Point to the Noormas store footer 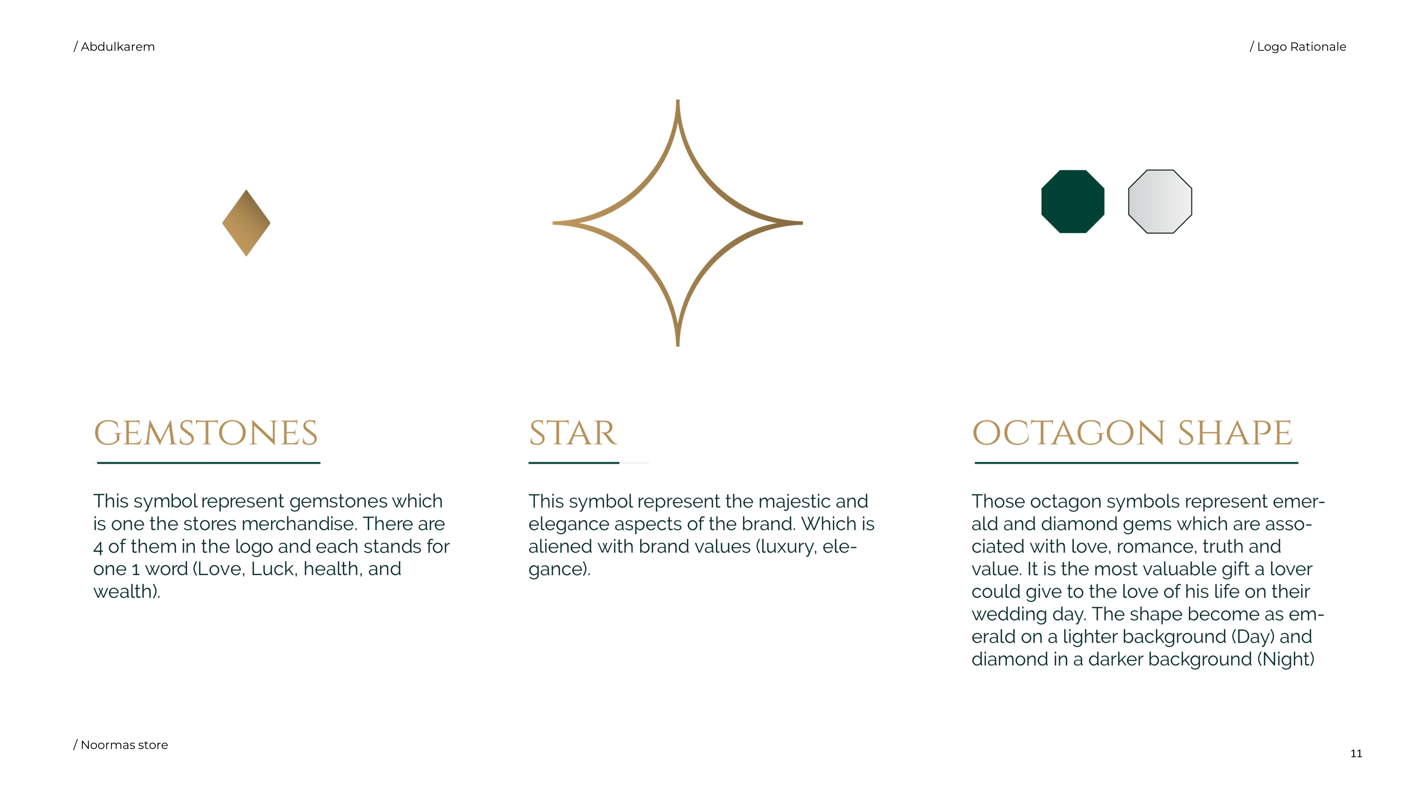pyautogui.click(x=121, y=745)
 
